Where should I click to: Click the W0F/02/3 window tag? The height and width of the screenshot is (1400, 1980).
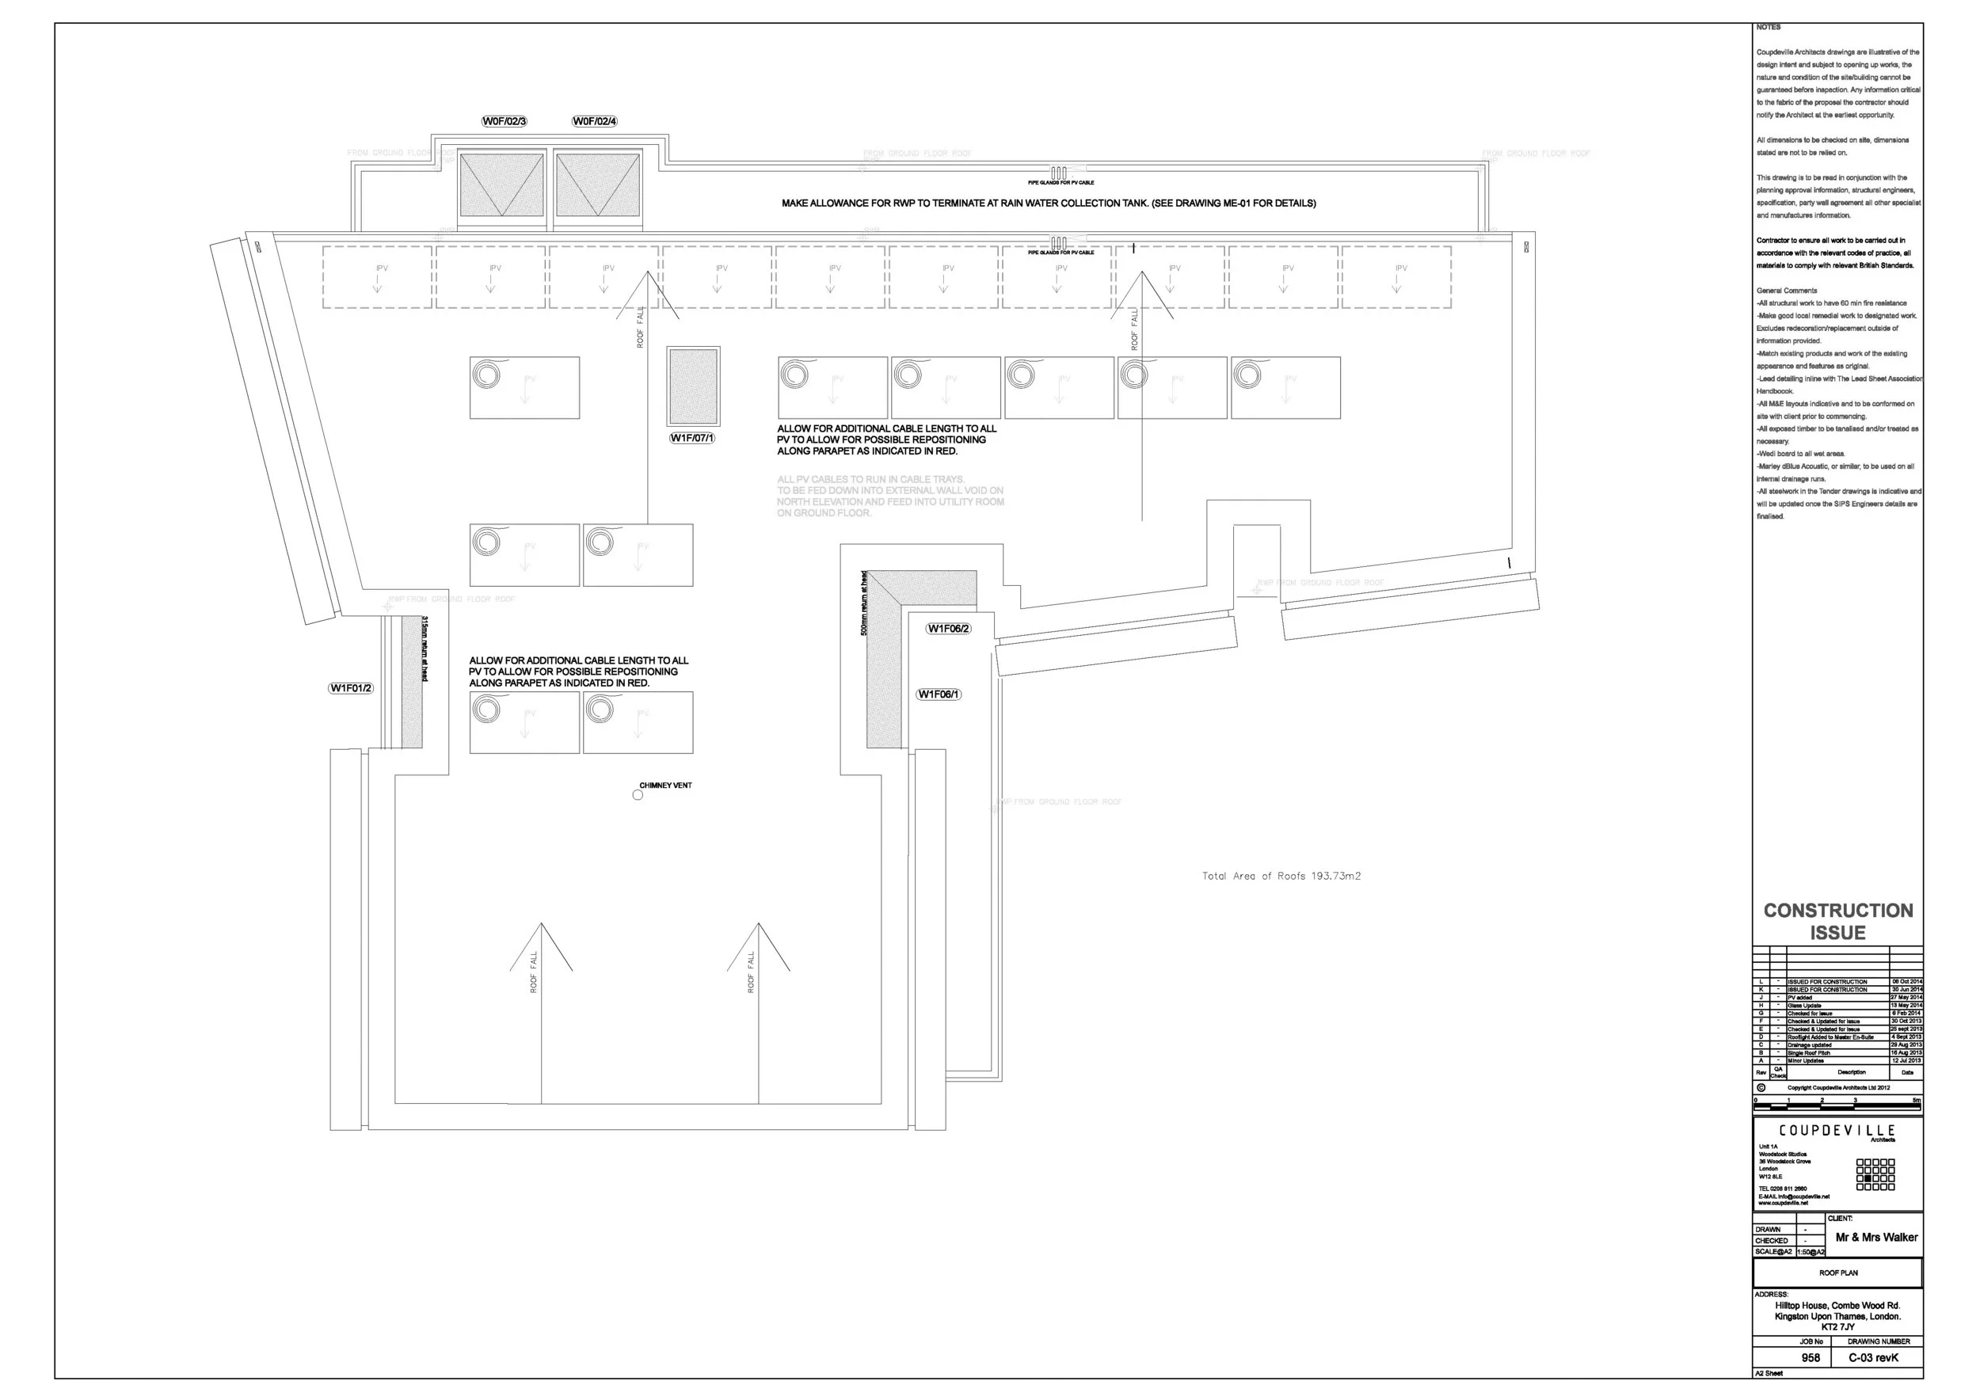505,122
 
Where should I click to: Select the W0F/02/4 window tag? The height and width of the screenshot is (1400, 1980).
595,122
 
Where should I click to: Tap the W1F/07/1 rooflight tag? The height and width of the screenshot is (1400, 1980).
691,438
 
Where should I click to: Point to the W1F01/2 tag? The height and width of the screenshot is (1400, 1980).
351,688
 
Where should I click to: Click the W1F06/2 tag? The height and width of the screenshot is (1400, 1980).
949,629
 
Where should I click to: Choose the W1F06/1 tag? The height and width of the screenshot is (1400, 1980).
939,694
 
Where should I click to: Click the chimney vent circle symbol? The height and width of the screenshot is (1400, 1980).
638,795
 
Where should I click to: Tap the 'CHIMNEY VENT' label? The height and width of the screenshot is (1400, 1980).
666,786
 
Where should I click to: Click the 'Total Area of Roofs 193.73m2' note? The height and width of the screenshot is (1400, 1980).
1281,876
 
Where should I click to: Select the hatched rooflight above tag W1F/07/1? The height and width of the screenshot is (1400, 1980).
693,386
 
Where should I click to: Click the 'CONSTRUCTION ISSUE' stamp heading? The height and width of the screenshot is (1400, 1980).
1837,922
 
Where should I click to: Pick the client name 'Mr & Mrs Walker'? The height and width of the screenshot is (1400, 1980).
1876,1237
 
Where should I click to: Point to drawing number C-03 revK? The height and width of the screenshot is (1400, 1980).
1873,1358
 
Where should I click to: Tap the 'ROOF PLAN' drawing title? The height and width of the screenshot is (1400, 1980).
1837,1273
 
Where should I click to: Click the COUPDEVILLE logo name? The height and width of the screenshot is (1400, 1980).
1837,1130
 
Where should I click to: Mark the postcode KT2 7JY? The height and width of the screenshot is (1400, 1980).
1837,1326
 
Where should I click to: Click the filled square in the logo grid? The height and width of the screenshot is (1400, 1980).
1868,1178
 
